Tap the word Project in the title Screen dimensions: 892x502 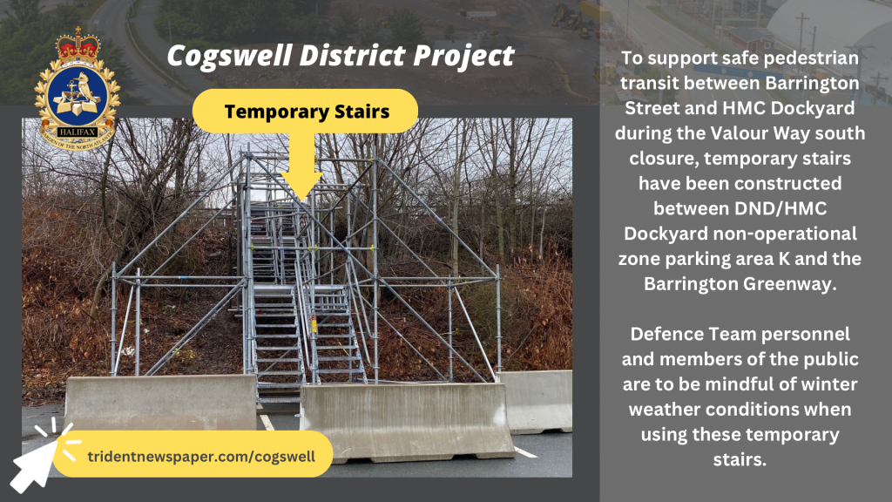[x=463, y=57]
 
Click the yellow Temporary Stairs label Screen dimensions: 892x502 [x=306, y=111]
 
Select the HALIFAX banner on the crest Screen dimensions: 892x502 [x=78, y=132]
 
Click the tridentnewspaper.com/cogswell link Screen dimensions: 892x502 [x=201, y=457]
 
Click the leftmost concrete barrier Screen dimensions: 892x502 [x=161, y=403]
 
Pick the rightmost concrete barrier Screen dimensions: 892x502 [x=536, y=401]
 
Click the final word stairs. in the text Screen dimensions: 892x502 [x=740, y=459]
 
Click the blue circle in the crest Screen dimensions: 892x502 [x=78, y=96]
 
